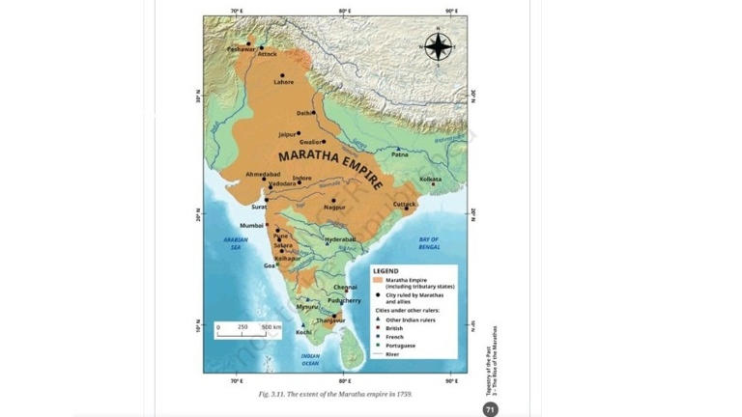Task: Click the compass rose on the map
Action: pyautogui.click(x=438, y=46)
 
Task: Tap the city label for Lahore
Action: pyautogui.click(x=283, y=82)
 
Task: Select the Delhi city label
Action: pyautogui.click(x=304, y=113)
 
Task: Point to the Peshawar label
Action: pyautogui.click(x=241, y=48)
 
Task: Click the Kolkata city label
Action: pyautogui.click(x=430, y=179)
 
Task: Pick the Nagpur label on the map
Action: pyautogui.click(x=334, y=208)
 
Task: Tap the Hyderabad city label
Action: pyautogui.click(x=340, y=238)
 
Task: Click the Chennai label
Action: pyautogui.click(x=345, y=287)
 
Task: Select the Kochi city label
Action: pyautogui.click(x=303, y=332)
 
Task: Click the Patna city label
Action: pyautogui.click(x=400, y=153)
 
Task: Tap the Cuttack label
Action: pyautogui.click(x=405, y=204)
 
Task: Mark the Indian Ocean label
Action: pyautogui.click(x=310, y=359)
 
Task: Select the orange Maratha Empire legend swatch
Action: pyautogui.click(x=379, y=280)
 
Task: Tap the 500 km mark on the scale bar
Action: pyautogui.click(x=271, y=327)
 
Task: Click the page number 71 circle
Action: pyautogui.click(x=490, y=409)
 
